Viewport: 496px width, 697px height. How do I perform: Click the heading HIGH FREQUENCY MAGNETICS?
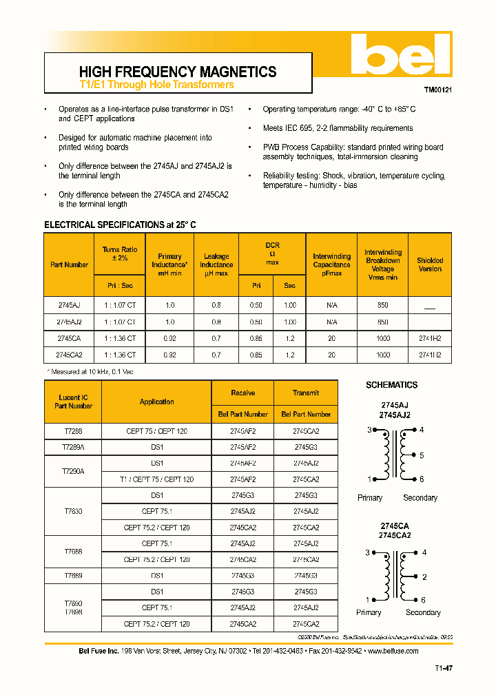click(x=178, y=72)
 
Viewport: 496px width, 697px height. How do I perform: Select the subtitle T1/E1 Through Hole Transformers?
click(x=156, y=85)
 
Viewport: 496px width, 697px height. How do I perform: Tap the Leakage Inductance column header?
click(x=216, y=264)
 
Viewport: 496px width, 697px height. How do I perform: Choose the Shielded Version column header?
click(x=430, y=264)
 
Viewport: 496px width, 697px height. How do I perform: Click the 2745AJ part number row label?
click(x=68, y=305)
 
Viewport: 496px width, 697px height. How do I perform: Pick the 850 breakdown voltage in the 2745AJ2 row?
click(x=383, y=322)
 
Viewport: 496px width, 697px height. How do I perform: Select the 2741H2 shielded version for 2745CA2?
click(x=430, y=355)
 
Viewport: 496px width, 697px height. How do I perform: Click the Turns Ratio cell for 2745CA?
click(x=121, y=338)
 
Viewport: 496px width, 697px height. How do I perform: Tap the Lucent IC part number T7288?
click(x=73, y=431)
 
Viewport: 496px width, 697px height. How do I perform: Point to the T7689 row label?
click(x=73, y=575)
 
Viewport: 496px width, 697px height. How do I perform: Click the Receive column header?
click(x=242, y=393)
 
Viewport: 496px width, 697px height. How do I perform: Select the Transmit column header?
click(x=306, y=393)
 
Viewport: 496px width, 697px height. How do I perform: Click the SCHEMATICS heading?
click(x=391, y=385)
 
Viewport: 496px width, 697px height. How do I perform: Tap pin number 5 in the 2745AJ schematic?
click(x=422, y=455)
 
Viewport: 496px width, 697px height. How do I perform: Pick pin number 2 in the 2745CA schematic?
click(x=424, y=577)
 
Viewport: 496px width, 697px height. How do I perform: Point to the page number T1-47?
click(x=444, y=668)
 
